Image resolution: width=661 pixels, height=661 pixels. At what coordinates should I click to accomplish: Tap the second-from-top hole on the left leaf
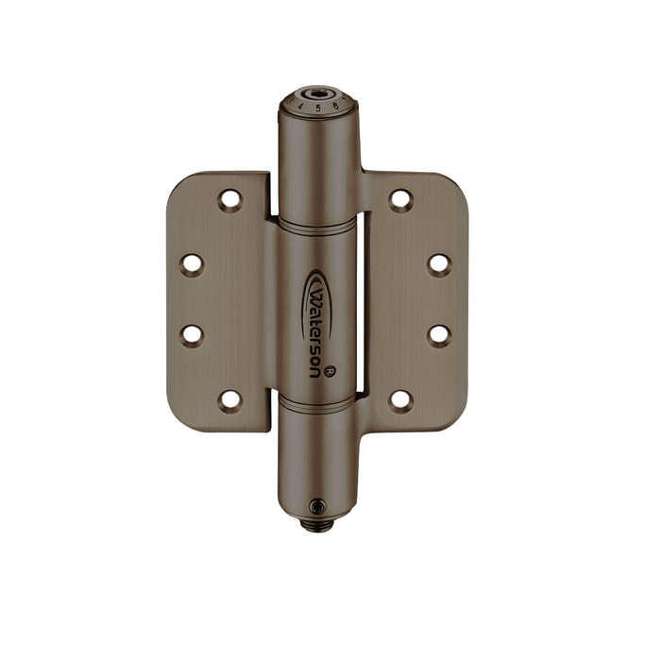(193, 263)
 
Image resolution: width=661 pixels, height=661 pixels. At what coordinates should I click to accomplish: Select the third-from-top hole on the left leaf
(193, 334)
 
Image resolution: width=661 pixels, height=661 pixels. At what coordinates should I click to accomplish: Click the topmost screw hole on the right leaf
(401, 199)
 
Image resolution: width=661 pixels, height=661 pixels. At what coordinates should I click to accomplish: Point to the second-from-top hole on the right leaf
(438, 263)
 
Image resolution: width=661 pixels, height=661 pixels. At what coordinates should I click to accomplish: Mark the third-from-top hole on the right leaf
(438, 334)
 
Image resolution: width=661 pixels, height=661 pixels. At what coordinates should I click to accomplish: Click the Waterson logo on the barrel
(316, 320)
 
